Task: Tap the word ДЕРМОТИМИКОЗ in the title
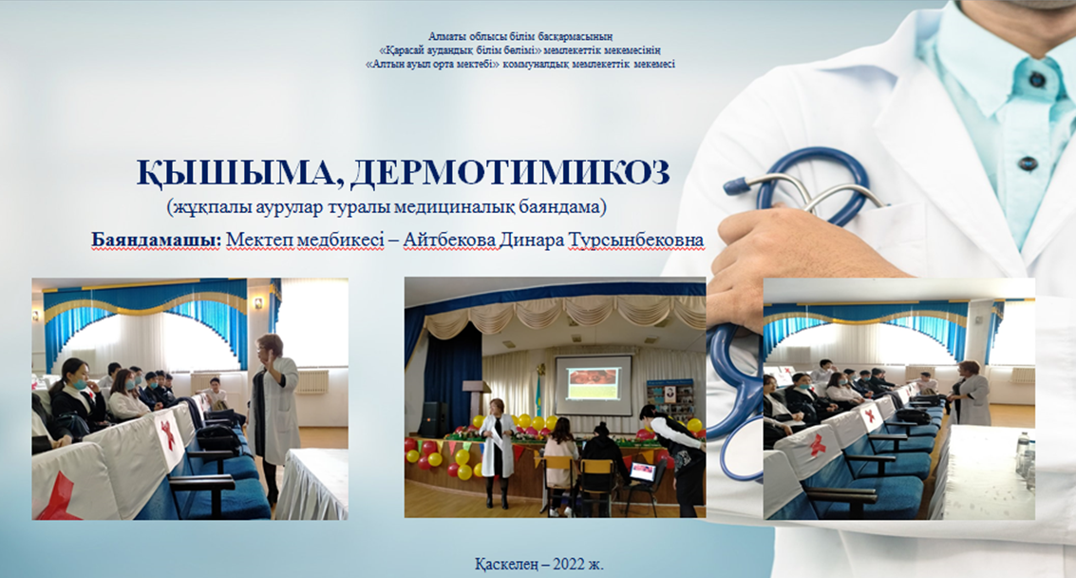tap(510, 172)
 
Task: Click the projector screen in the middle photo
tap(594, 385)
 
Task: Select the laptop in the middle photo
tap(642, 472)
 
